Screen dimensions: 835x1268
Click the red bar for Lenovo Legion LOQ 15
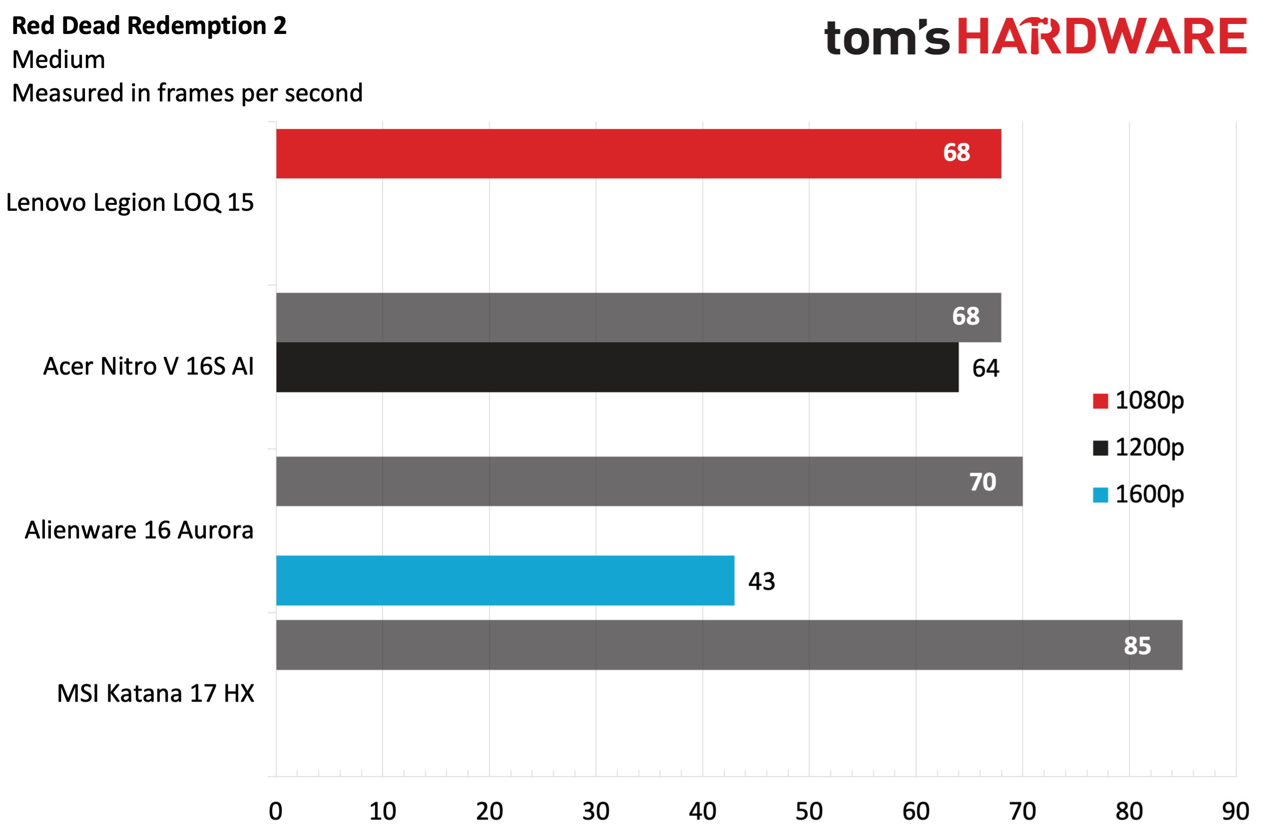tap(638, 153)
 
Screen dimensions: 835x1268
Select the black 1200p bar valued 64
tap(617, 367)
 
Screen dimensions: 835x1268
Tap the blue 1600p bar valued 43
tap(505, 580)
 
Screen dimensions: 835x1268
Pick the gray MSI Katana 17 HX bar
tap(729, 645)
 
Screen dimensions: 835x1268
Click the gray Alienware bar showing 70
tap(649, 481)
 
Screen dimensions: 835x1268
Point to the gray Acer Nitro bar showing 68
tap(638, 317)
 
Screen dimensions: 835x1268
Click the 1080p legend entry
tap(1138, 401)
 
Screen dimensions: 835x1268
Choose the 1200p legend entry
tap(1138, 447)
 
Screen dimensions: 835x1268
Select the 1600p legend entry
tap(1138, 494)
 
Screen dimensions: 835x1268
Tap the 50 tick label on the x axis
tap(809, 811)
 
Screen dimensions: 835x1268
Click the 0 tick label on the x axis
tap(276, 811)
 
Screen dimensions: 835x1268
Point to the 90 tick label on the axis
tap(1236, 811)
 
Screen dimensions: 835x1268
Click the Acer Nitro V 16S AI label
tap(148, 367)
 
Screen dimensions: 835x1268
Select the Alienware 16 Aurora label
tap(139, 530)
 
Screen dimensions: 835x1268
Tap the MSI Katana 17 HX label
tap(156, 694)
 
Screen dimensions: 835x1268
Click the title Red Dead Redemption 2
tap(149, 25)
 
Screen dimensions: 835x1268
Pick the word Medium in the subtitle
tap(58, 60)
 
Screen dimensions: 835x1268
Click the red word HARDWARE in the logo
tap(1102, 36)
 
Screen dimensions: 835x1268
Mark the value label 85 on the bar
tap(1138, 646)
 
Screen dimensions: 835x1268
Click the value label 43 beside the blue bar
tap(761, 581)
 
